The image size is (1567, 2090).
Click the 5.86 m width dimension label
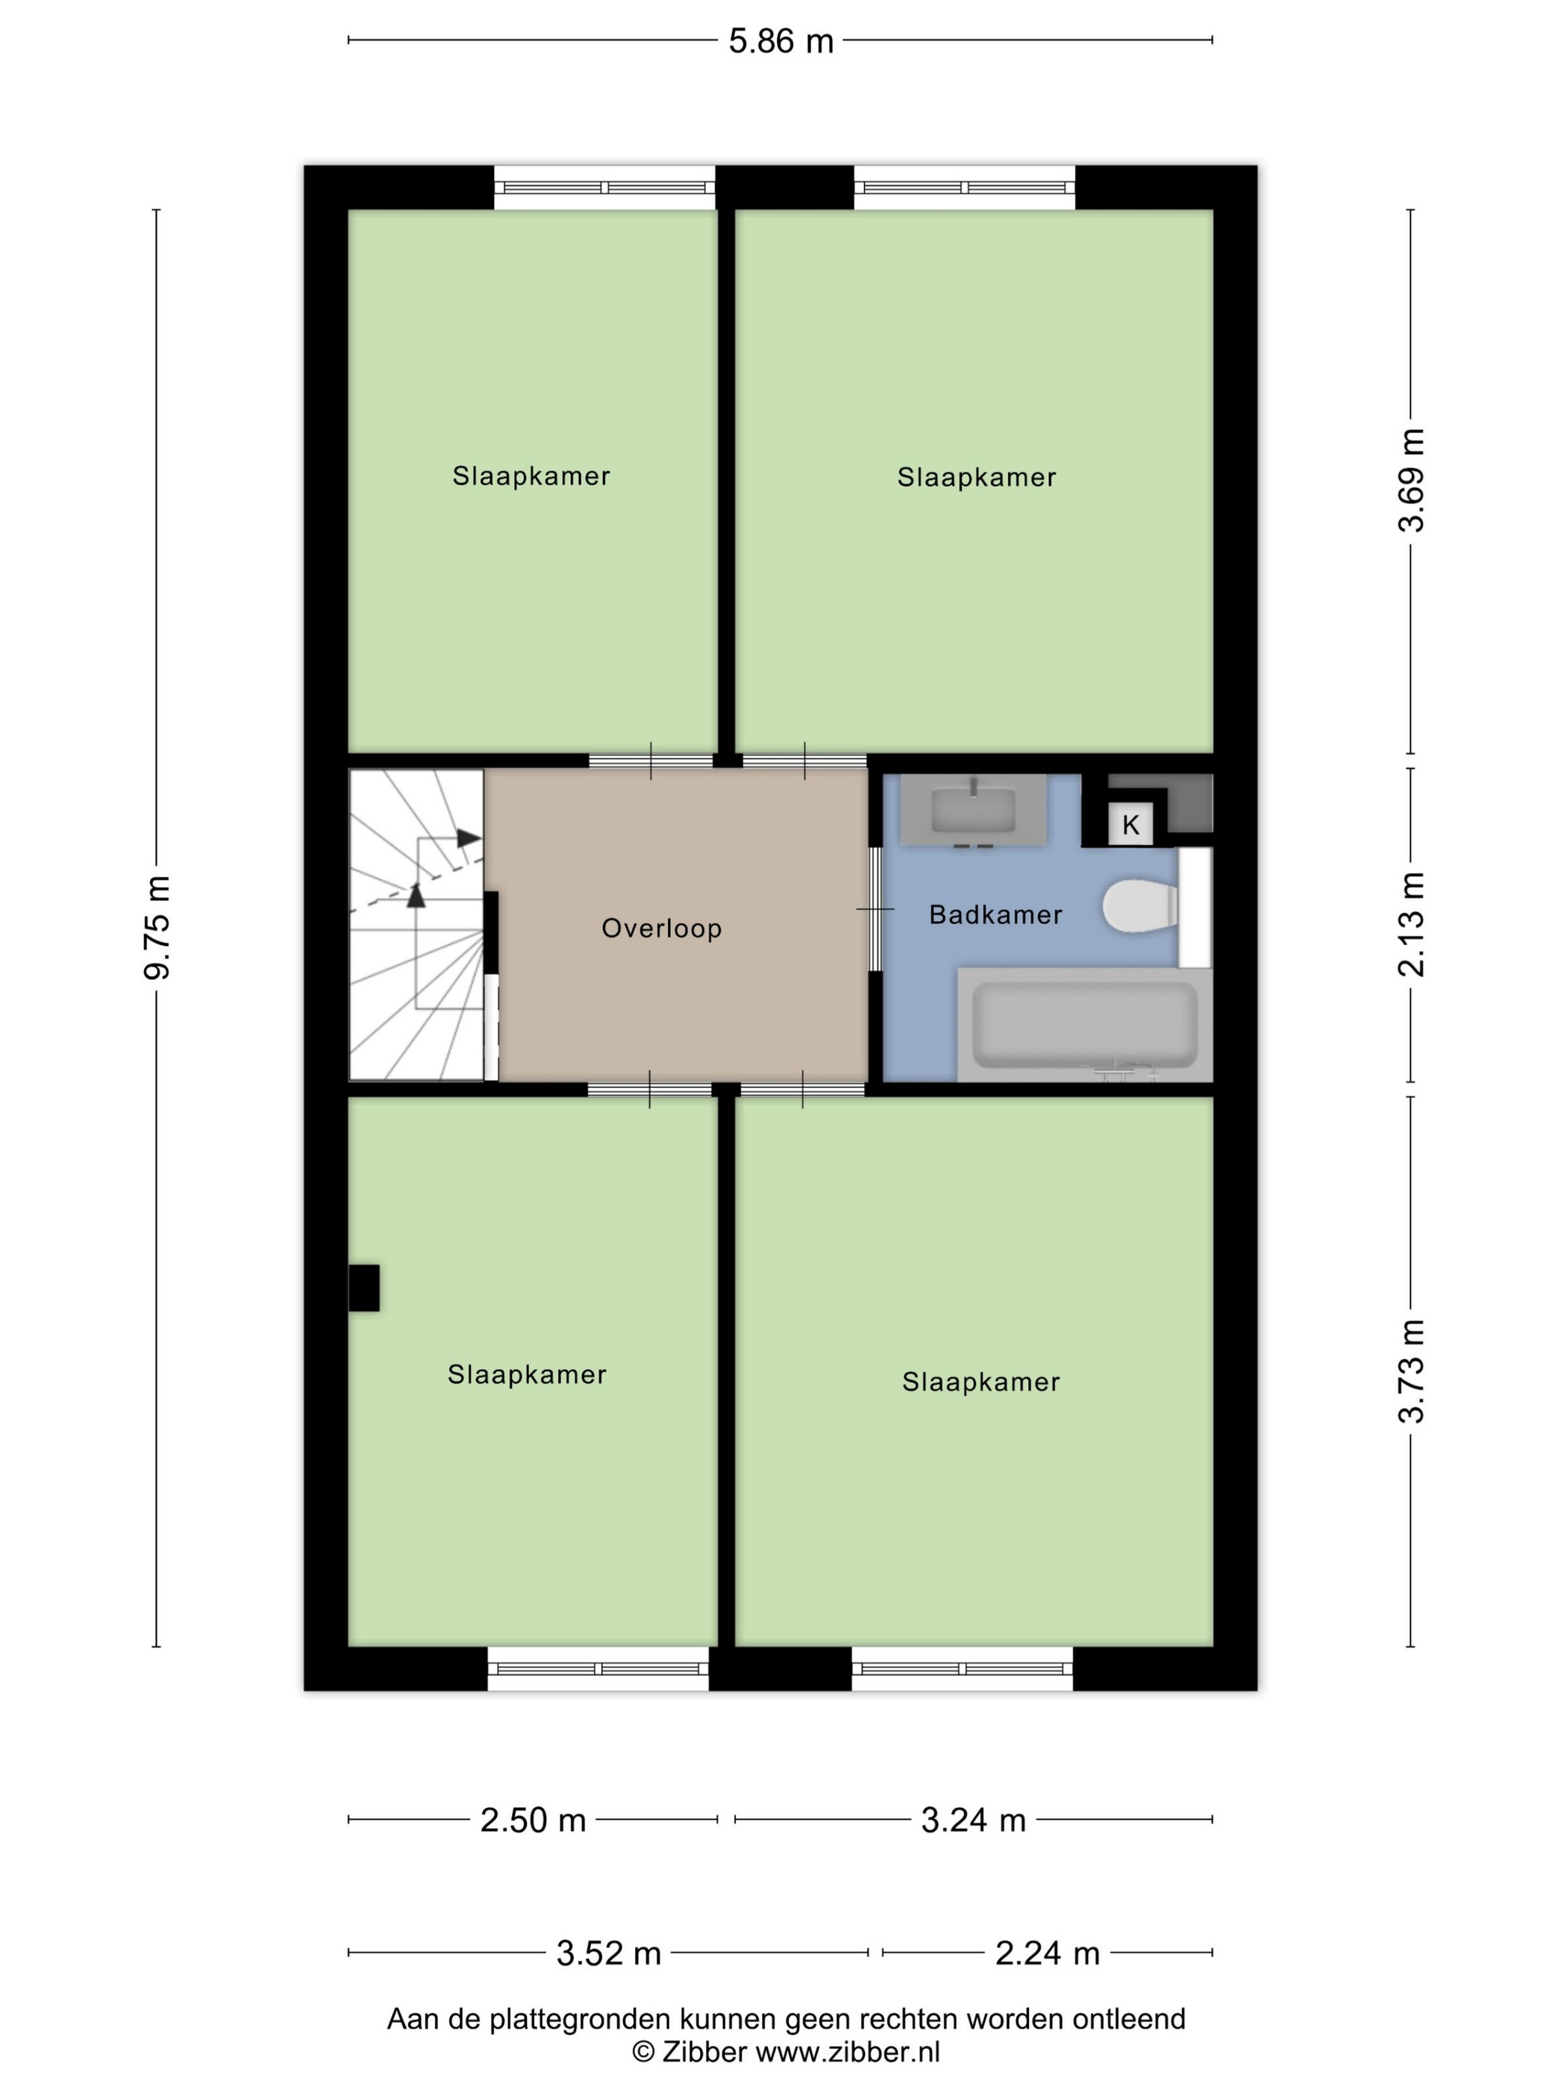pyautogui.click(x=781, y=42)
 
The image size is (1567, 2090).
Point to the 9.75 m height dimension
pyautogui.click(x=157, y=927)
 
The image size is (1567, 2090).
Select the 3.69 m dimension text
pyautogui.click(x=1411, y=480)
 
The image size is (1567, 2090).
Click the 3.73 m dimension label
pyautogui.click(x=1411, y=1371)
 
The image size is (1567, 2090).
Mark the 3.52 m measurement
pyautogui.click(x=608, y=1953)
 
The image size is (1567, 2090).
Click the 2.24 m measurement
pyautogui.click(x=1048, y=1953)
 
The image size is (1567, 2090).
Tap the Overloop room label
pyautogui.click(x=661, y=929)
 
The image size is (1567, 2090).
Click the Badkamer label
pyautogui.click(x=995, y=914)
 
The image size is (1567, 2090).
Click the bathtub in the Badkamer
pyautogui.click(x=1085, y=1024)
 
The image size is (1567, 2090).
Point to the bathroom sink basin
pyautogui.click(x=973, y=810)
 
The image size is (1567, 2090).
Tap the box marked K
pyautogui.click(x=1130, y=825)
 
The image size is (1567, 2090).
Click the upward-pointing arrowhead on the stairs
pyautogui.click(x=416, y=895)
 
